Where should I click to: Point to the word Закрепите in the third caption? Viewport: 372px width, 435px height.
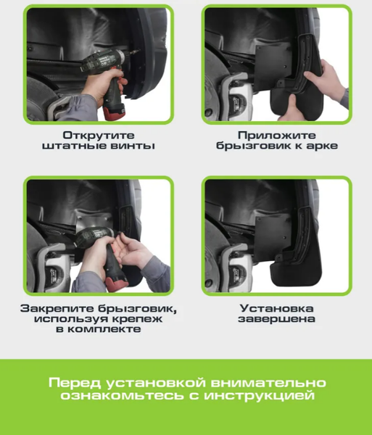(x=54, y=307)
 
